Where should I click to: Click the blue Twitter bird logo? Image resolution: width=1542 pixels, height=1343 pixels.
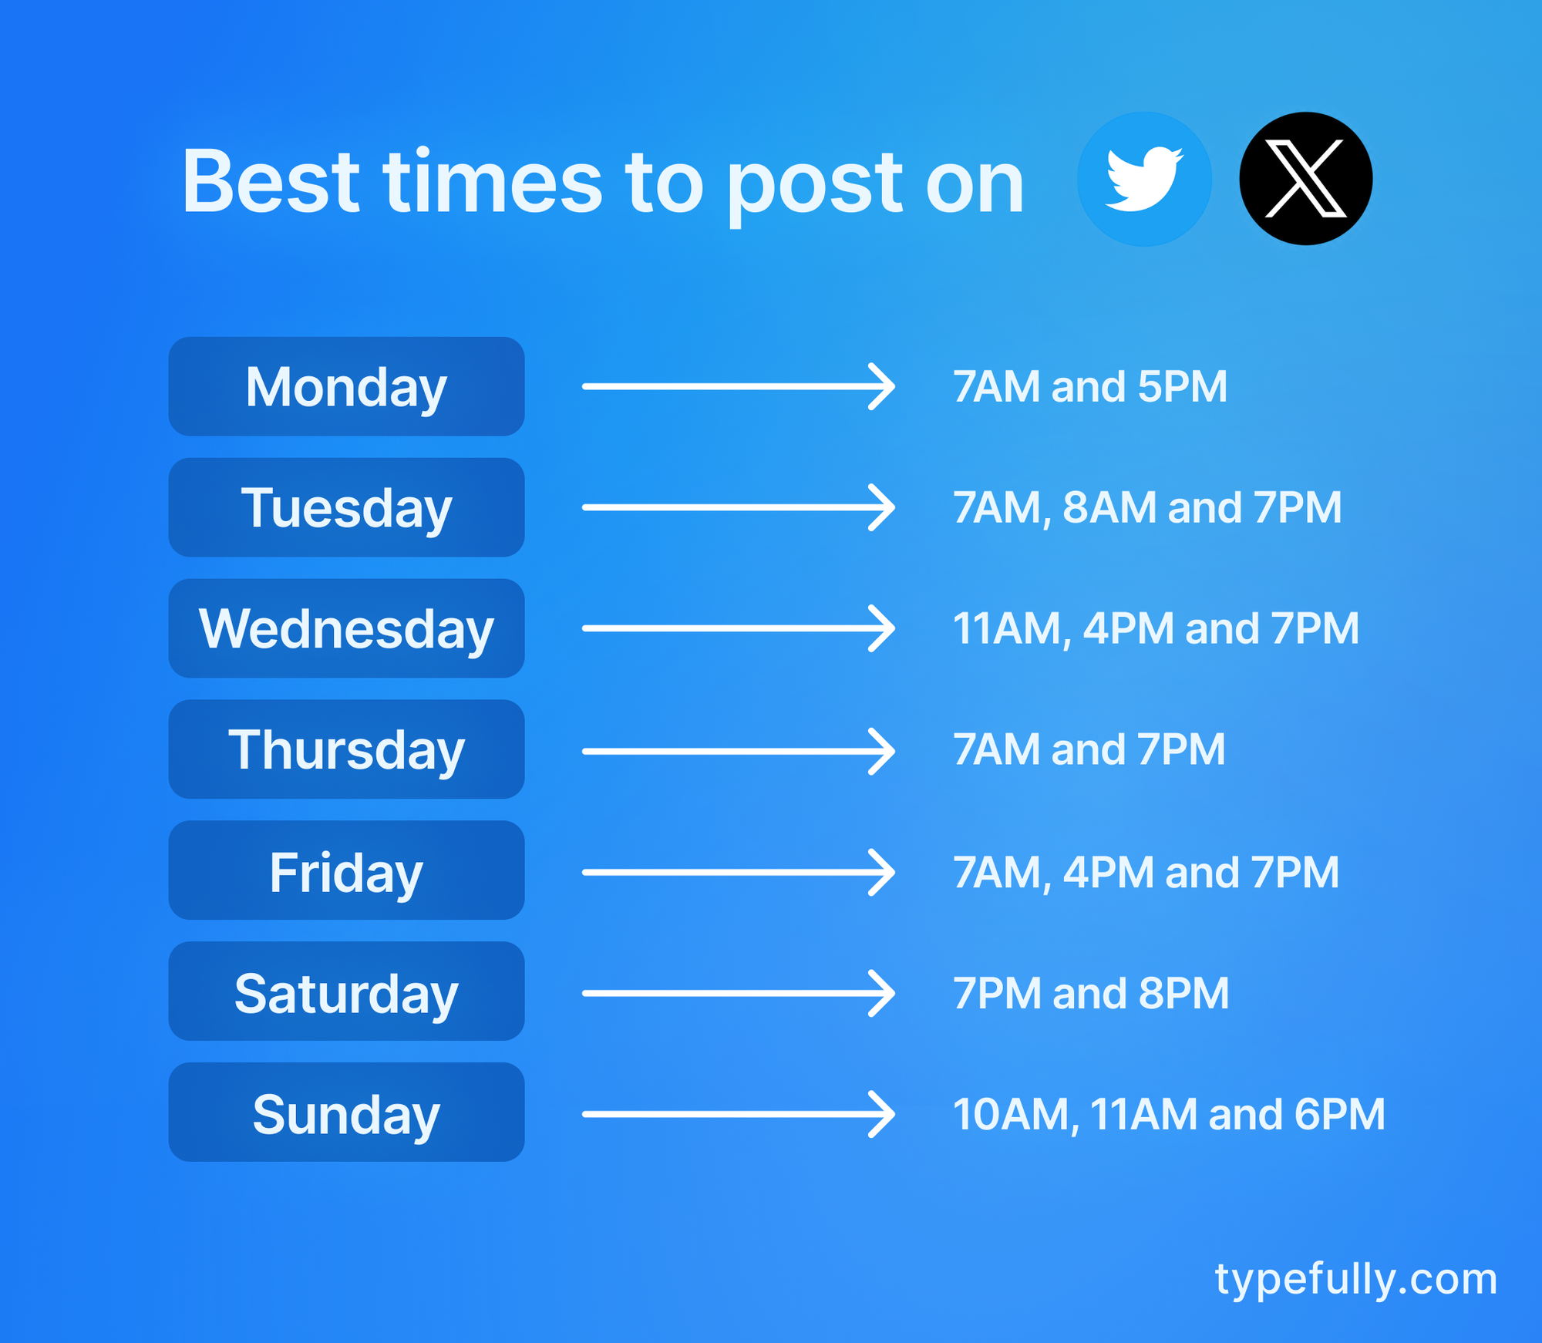pos(1144,179)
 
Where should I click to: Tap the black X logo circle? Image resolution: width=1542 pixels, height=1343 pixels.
pos(1305,179)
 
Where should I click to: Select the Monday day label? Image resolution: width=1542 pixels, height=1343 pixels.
pos(346,386)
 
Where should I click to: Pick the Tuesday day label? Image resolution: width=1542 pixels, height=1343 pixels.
pos(346,507)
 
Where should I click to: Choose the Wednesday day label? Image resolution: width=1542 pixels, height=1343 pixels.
pos(346,628)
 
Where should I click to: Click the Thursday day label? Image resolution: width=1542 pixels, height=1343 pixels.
pos(346,749)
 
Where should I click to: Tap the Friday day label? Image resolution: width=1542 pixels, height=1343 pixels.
pos(346,870)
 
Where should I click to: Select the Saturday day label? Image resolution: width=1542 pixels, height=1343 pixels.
pos(346,991)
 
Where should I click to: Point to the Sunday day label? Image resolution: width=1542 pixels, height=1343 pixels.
pos(346,1112)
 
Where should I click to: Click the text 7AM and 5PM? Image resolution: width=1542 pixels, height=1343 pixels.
pos(1089,386)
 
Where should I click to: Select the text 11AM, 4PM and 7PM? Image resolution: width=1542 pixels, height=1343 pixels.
pos(1156,628)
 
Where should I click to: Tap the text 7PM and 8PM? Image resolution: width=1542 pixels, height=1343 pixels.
pos(1090,993)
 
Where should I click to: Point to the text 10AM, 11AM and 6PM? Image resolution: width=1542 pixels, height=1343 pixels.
pos(1169,1114)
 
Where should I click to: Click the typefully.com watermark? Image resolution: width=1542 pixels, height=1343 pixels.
pos(1355,1279)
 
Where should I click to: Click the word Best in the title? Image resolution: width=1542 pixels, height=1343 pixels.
pos(271,182)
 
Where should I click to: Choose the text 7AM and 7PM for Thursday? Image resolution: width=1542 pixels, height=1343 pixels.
pos(1089,749)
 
